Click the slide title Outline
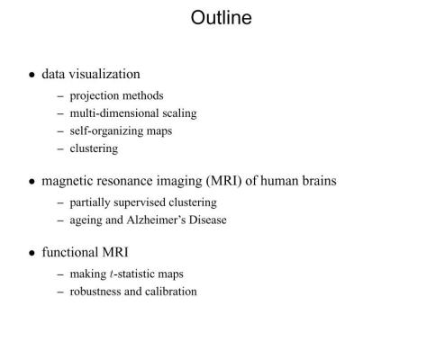tap(222, 17)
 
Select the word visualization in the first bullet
tap(104, 74)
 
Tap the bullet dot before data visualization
tap(32, 75)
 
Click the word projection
tap(95, 96)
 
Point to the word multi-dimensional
tap(114, 113)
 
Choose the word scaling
tap(179, 113)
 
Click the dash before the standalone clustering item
tap(60, 148)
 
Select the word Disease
tap(208, 220)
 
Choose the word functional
tap(70, 252)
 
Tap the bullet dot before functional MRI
tap(32, 253)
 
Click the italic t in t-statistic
tap(112, 274)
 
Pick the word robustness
tap(95, 292)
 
